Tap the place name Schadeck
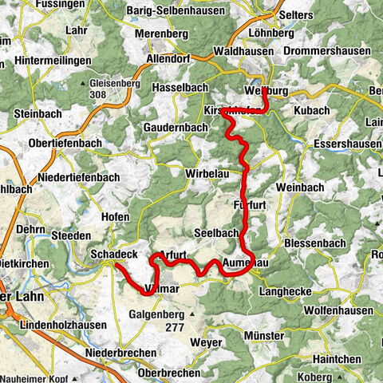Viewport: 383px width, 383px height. click(x=114, y=253)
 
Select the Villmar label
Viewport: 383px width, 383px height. click(x=165, y=286)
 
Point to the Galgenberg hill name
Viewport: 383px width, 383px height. click(x=157, y=314)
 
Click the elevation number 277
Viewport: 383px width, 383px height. click(x=168, y=326)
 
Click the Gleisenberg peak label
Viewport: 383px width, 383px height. click(x=118, y=83)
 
